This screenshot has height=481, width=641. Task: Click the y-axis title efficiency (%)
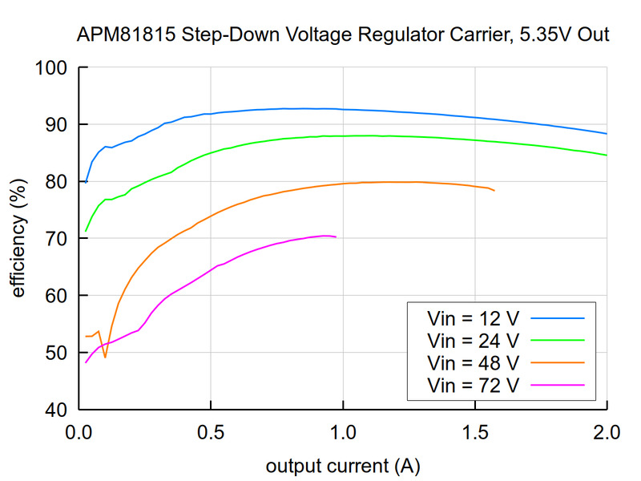[x=18, y=239]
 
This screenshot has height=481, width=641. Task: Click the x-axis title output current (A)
[x=343, y=466]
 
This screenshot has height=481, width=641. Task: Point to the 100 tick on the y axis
[x=54, y=68]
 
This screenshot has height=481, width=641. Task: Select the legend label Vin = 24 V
[x=473, y=340]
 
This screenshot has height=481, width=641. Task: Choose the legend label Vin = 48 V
[x=473, y=362]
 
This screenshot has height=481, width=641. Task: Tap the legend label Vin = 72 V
[x=473, y=386]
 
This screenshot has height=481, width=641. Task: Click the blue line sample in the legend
[x=557, y=317]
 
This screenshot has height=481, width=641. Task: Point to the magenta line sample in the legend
[x=557, y=386]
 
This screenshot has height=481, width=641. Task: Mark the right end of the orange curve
[x=494, y=190]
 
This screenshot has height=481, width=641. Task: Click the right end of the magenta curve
[x=336, y=237]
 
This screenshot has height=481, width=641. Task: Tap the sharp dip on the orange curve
[x=105, y=357]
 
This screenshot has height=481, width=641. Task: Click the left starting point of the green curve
[x=86, y=232]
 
